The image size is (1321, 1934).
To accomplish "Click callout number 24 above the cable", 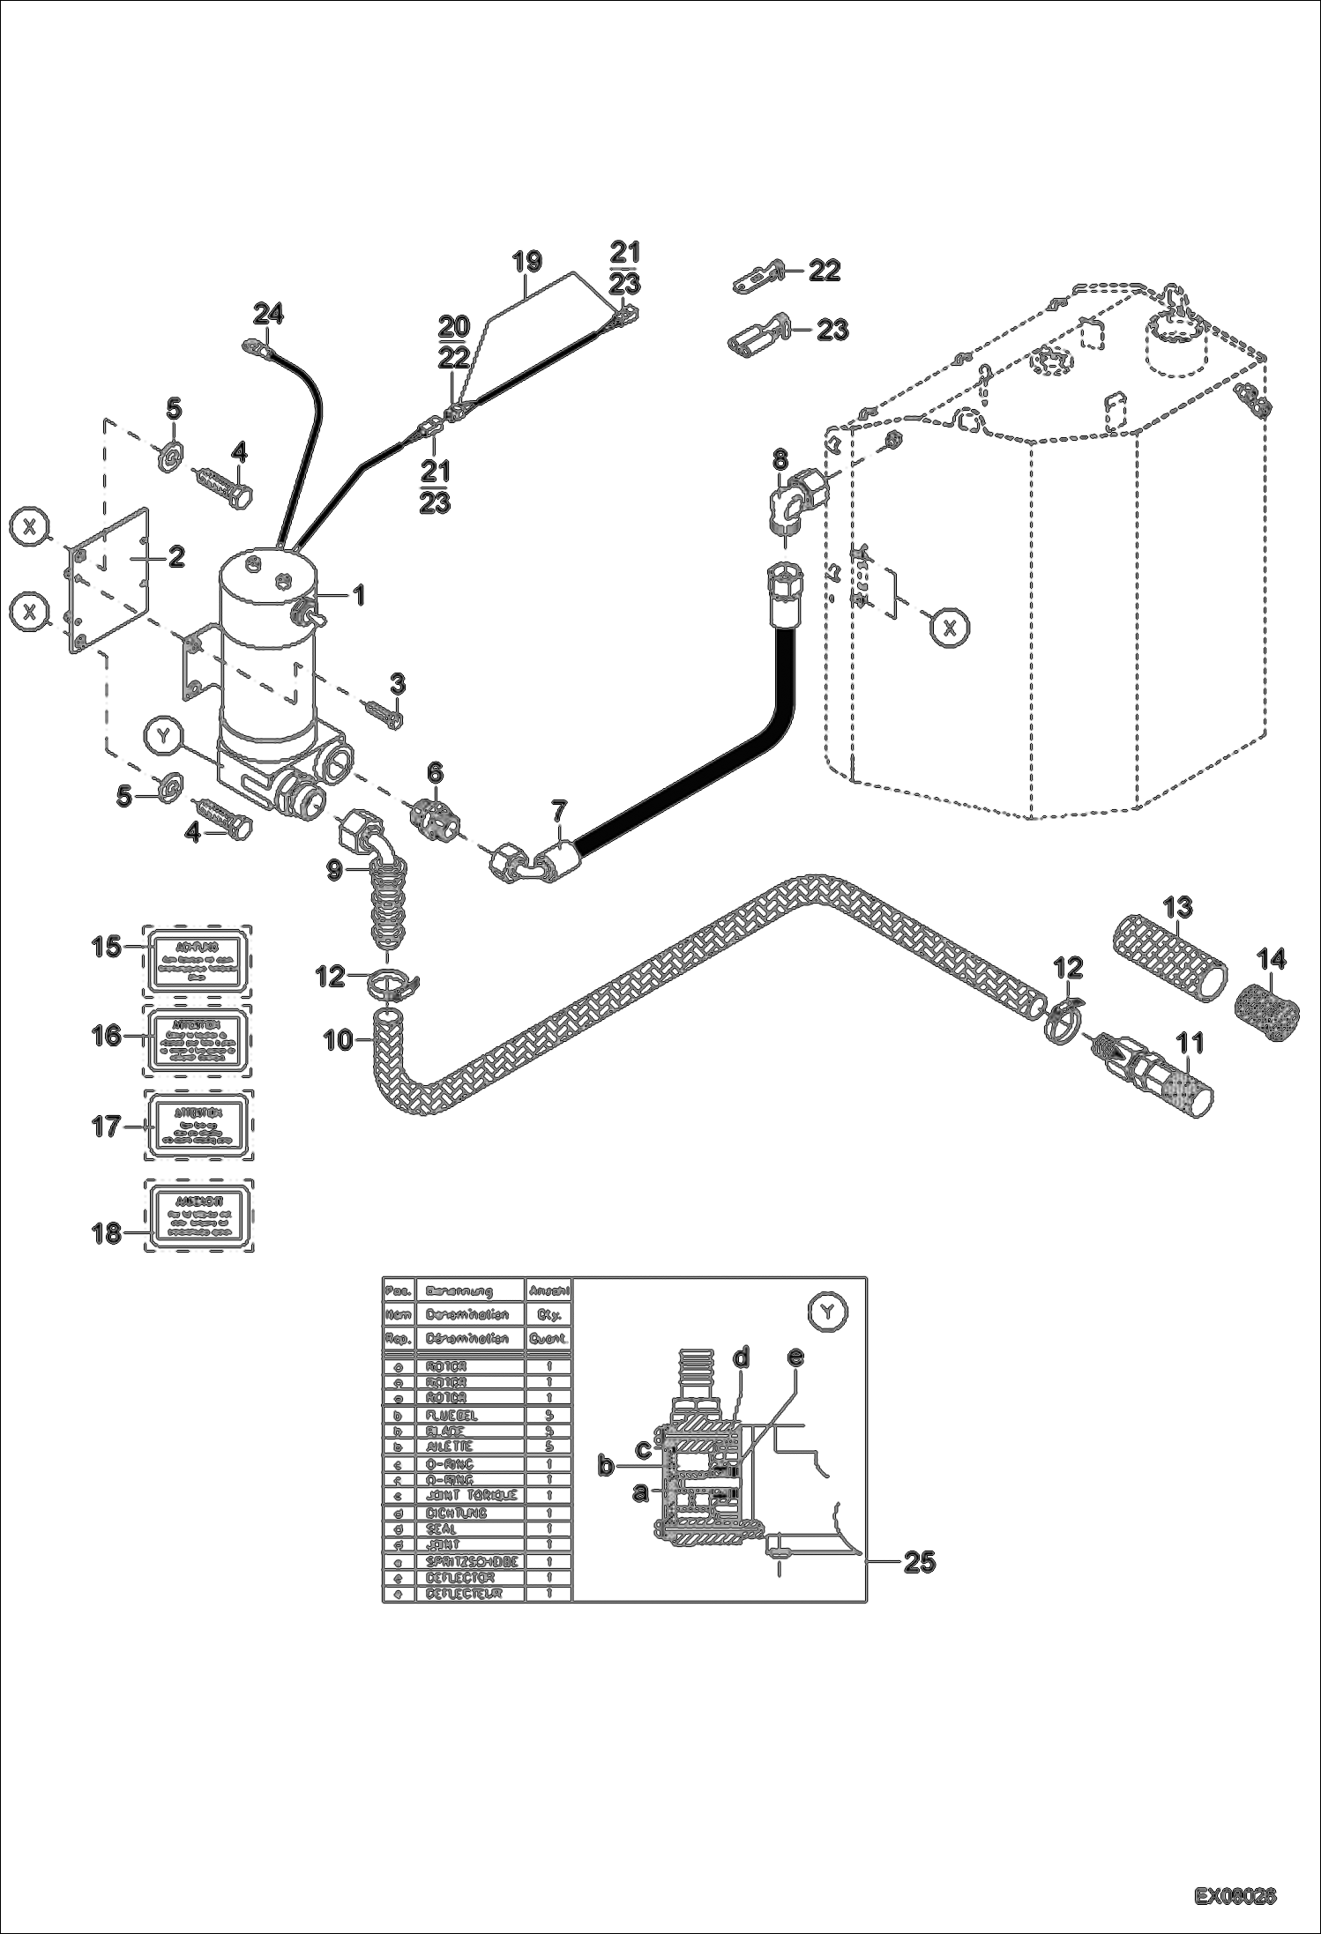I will pos(269,313).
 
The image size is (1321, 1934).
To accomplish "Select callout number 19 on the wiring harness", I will pos(527,262).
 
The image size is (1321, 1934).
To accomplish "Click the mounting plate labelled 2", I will pos(110,582).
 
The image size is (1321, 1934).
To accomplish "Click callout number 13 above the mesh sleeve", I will pos(1177,907).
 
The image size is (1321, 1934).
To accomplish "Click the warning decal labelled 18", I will pos(198,1216).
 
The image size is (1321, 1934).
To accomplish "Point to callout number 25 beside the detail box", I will pos(918,1563).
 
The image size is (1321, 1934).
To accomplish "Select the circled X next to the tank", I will pos(949,628).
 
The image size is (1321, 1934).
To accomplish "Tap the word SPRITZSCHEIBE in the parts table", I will pos(470,1561).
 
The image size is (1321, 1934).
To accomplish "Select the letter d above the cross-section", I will pos(742,1358).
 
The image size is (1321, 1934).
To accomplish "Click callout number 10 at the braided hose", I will pos(338,1041).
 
